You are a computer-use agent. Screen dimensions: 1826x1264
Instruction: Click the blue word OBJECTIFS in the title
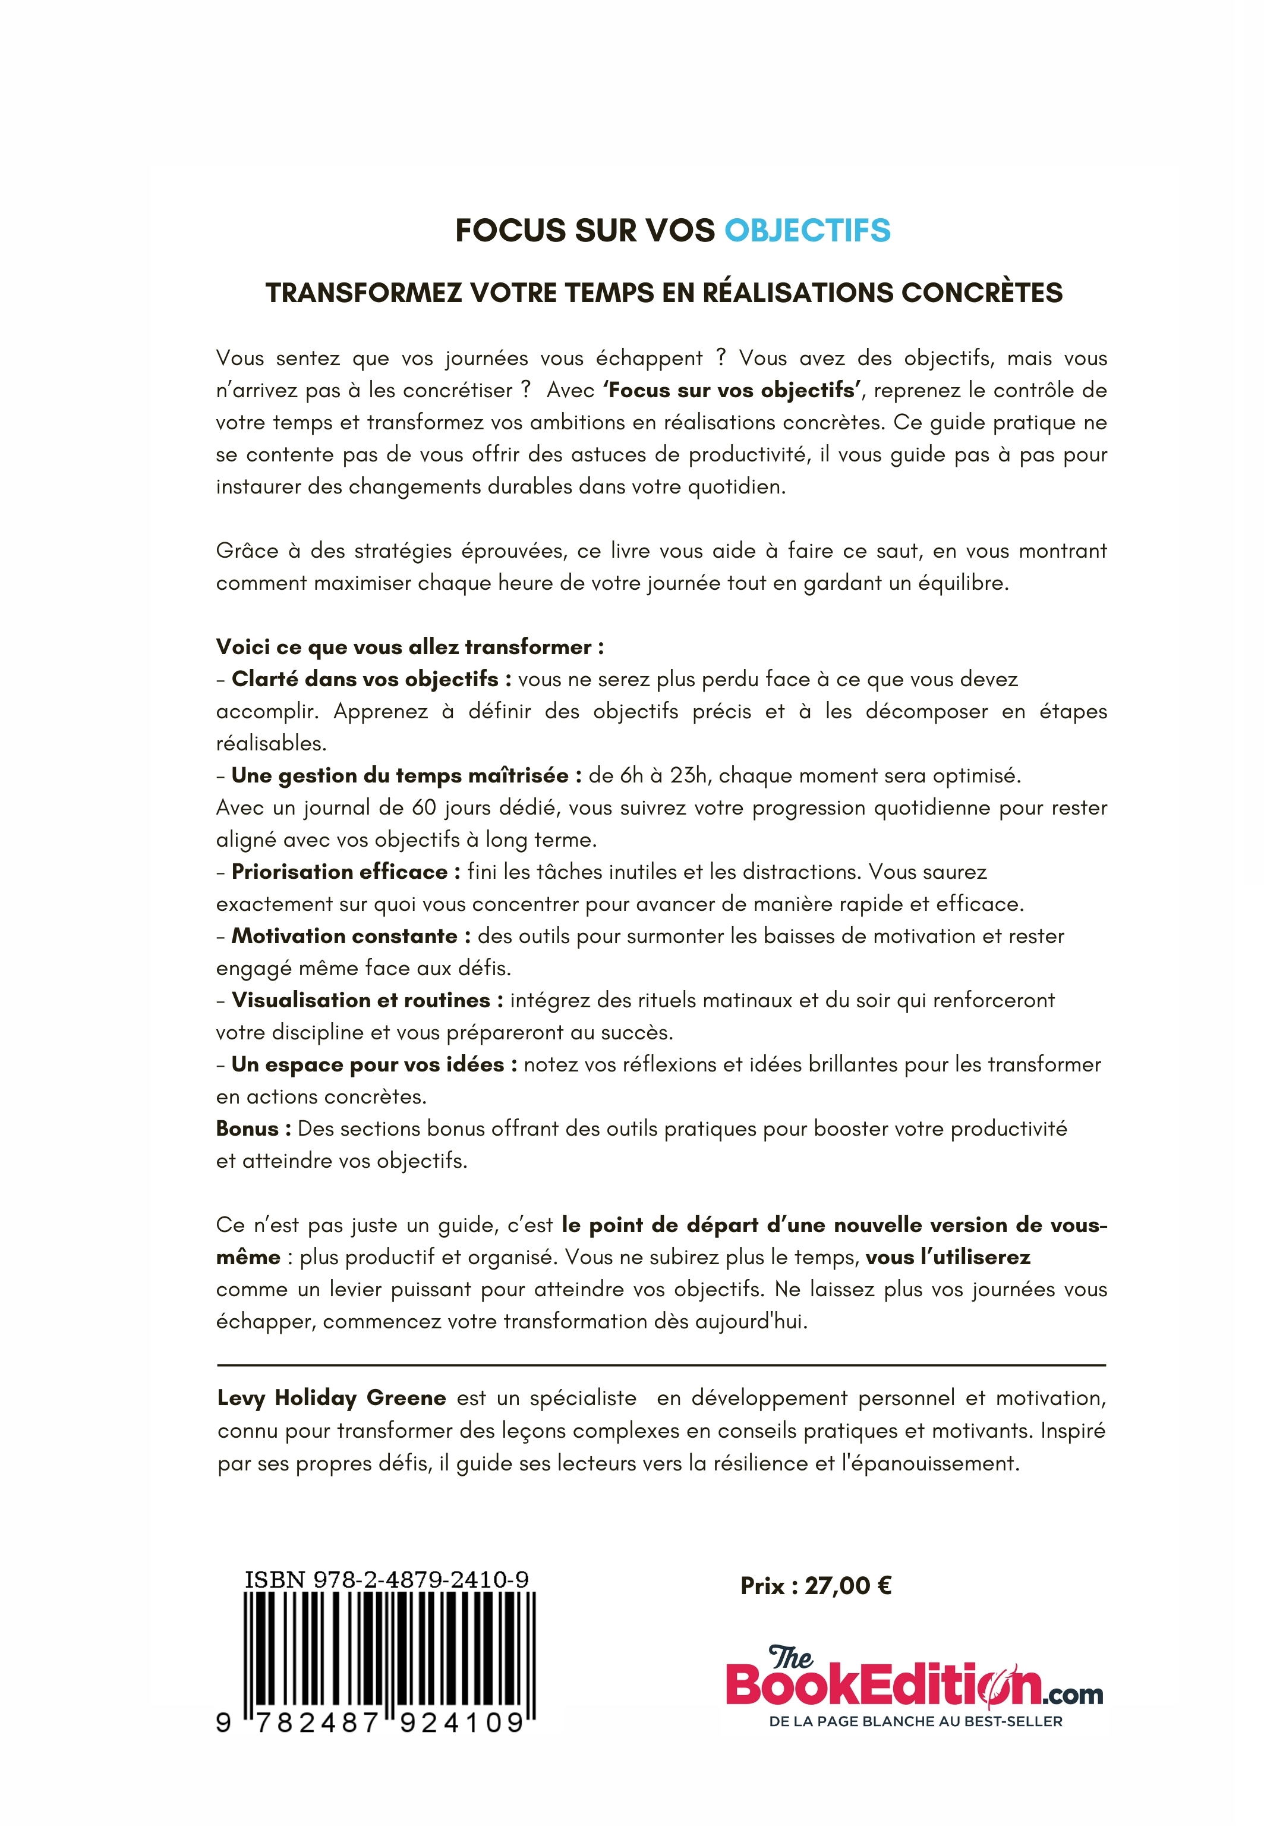[x=807, y=231]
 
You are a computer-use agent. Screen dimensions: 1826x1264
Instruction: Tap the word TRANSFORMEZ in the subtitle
[x=362, y=293]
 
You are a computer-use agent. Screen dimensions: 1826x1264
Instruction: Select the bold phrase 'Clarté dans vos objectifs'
[x=365, y=679]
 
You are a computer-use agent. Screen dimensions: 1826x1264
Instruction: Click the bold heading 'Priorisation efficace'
[x=340, y=872]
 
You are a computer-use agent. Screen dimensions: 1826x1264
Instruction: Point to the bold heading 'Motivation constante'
[x=345, y=935]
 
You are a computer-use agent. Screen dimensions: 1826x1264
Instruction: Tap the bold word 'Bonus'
[x=247, y=1128]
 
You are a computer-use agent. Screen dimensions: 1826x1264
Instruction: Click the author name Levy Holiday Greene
[x=331, y=1397]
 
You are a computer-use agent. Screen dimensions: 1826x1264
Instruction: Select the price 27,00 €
[x=847, y=1585]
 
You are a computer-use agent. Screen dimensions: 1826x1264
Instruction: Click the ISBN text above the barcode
[x=386, y=1579]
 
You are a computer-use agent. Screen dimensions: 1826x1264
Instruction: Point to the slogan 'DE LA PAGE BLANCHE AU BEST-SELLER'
[x=916, y=1721]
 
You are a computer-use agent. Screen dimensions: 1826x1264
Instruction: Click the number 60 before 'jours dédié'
[x=424, y=807]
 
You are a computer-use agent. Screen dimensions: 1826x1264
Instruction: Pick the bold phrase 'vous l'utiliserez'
[x=948, y=1256]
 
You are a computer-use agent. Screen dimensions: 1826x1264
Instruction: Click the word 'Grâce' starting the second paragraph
[x=242, y=551]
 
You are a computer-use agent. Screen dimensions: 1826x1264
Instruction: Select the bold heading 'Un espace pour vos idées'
[x=367, y=1064]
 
